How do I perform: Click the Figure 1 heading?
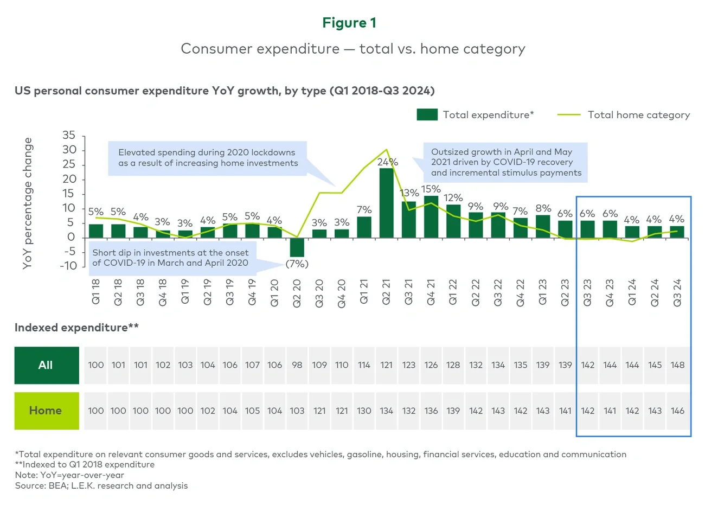click(349, 23)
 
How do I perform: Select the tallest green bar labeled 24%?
click(386, 203)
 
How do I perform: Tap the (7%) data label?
click(297, 264)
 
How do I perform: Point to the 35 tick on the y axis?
click(69, 135)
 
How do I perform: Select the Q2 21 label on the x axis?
click(386, 293)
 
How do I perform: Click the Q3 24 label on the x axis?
click(677, 293)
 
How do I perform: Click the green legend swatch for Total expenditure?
click(427, 114)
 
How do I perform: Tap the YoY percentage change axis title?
click(28, 203)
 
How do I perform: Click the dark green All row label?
click(46, 365)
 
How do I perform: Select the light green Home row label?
click(46, 411)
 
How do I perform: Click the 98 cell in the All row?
click(297, 365)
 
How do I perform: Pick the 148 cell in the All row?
click(677, 365)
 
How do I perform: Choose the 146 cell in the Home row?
click(677, 411)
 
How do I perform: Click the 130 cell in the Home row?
click(364, 411)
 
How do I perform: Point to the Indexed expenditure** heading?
click(76, 328)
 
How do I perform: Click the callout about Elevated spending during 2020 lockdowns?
click(208, 158)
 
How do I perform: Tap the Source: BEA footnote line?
click(101, 485)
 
